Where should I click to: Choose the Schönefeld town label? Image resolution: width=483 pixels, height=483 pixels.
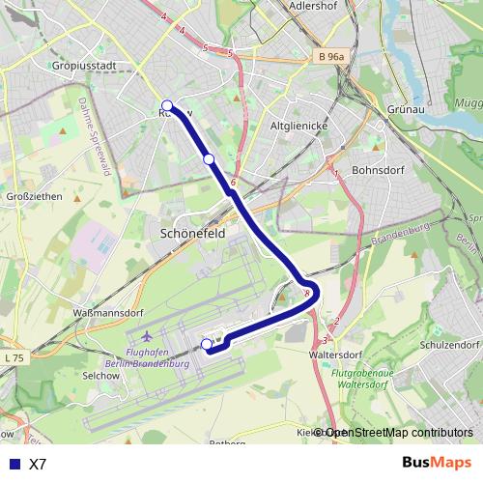click(x=193, y=235)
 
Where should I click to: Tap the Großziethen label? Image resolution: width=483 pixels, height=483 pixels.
click(x=35, y=196)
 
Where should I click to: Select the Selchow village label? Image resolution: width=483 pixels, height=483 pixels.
click(x=100, y=374)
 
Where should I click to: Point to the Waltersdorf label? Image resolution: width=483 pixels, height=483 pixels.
click(x=341, y=355)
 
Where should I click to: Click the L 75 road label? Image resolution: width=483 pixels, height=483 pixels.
click(x=14, y=358)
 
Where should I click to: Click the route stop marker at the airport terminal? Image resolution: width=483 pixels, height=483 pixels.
click(x=207, y=344)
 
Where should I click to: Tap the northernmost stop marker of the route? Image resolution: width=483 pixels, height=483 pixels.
click(x=167, y=105)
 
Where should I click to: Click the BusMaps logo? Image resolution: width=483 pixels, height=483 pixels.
click(x=436, y=463)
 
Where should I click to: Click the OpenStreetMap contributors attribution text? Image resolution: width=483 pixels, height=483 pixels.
click(x=399, y=433)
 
